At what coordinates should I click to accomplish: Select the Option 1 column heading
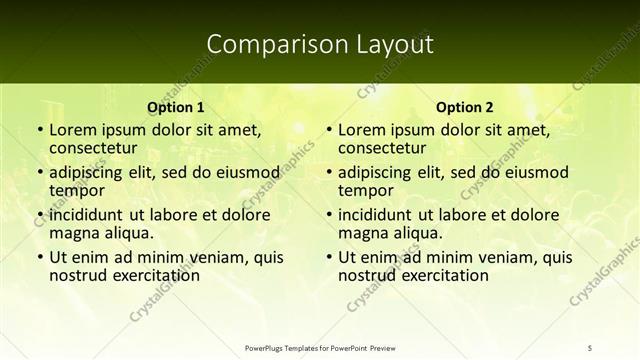pos(176,107)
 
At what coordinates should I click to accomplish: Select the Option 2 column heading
pos(465,107)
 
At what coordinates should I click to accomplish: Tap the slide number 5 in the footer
pos(590,347)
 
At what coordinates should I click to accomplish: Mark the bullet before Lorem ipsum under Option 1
pos(39,130)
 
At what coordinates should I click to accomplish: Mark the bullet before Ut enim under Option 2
pos(328,256)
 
